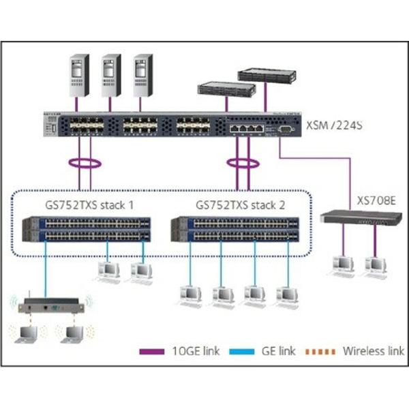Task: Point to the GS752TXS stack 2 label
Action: pyautogui.click(x=238, y=204)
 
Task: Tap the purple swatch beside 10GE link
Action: pyautogui.click(x=153, y=352)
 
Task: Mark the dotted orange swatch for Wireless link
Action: pyautogui.click(x=325, y=352)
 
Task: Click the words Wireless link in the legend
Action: pyautogui.click(x=373, y=352)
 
